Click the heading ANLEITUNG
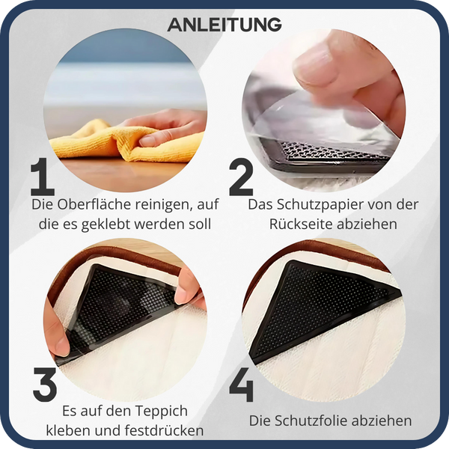224,25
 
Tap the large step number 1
44,177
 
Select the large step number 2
241,177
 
